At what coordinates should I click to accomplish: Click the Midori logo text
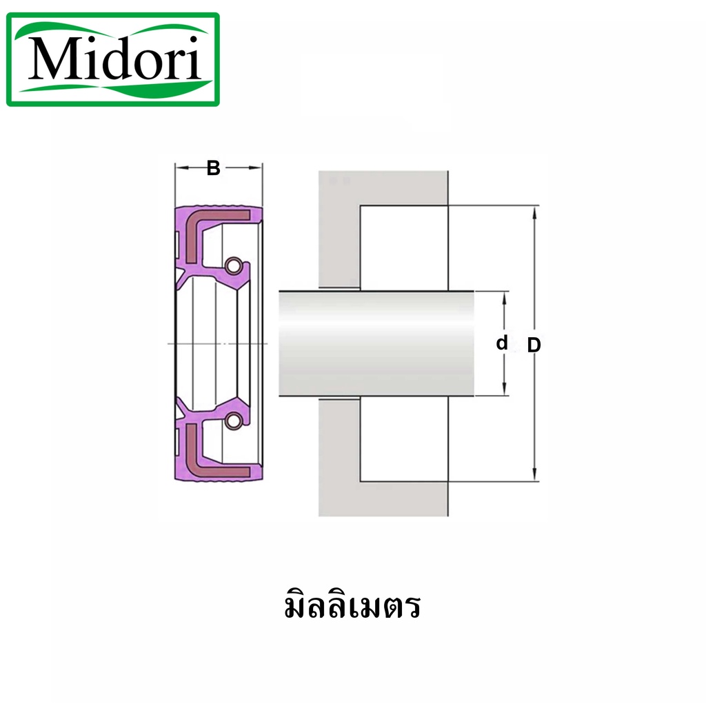point(114,59)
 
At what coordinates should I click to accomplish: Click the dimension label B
point(214,168)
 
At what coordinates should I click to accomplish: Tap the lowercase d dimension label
point(502,343)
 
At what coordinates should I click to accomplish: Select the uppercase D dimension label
point(534,345)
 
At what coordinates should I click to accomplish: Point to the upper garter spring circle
point(234,265)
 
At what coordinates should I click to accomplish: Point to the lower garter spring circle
point(233,421)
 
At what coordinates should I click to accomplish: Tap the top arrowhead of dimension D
point(534,212)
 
